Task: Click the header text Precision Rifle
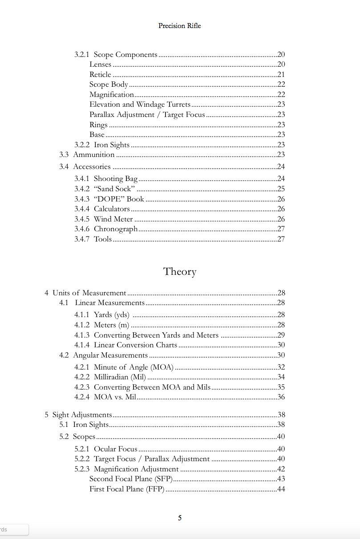[179, 26]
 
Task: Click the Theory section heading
[179, 271]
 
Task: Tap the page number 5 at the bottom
[180, 518]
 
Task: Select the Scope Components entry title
[125, 55]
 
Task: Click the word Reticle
[100, 75]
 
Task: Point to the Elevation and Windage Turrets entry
[140, 105]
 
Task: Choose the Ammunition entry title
[93, 155]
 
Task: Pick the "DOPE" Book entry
[119, 199]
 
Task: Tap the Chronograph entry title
[115, 229]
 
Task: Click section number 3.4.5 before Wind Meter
[82, 219]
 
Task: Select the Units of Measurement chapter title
[89, 293]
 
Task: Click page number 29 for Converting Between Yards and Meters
[281, 335]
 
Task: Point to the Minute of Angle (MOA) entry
[133, 367]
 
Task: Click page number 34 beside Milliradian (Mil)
[281, 377]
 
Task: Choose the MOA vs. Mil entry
[115, 397]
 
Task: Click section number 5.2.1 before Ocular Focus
[82, 449]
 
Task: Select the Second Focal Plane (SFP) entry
[130, 479]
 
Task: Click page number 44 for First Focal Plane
[281, 489]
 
